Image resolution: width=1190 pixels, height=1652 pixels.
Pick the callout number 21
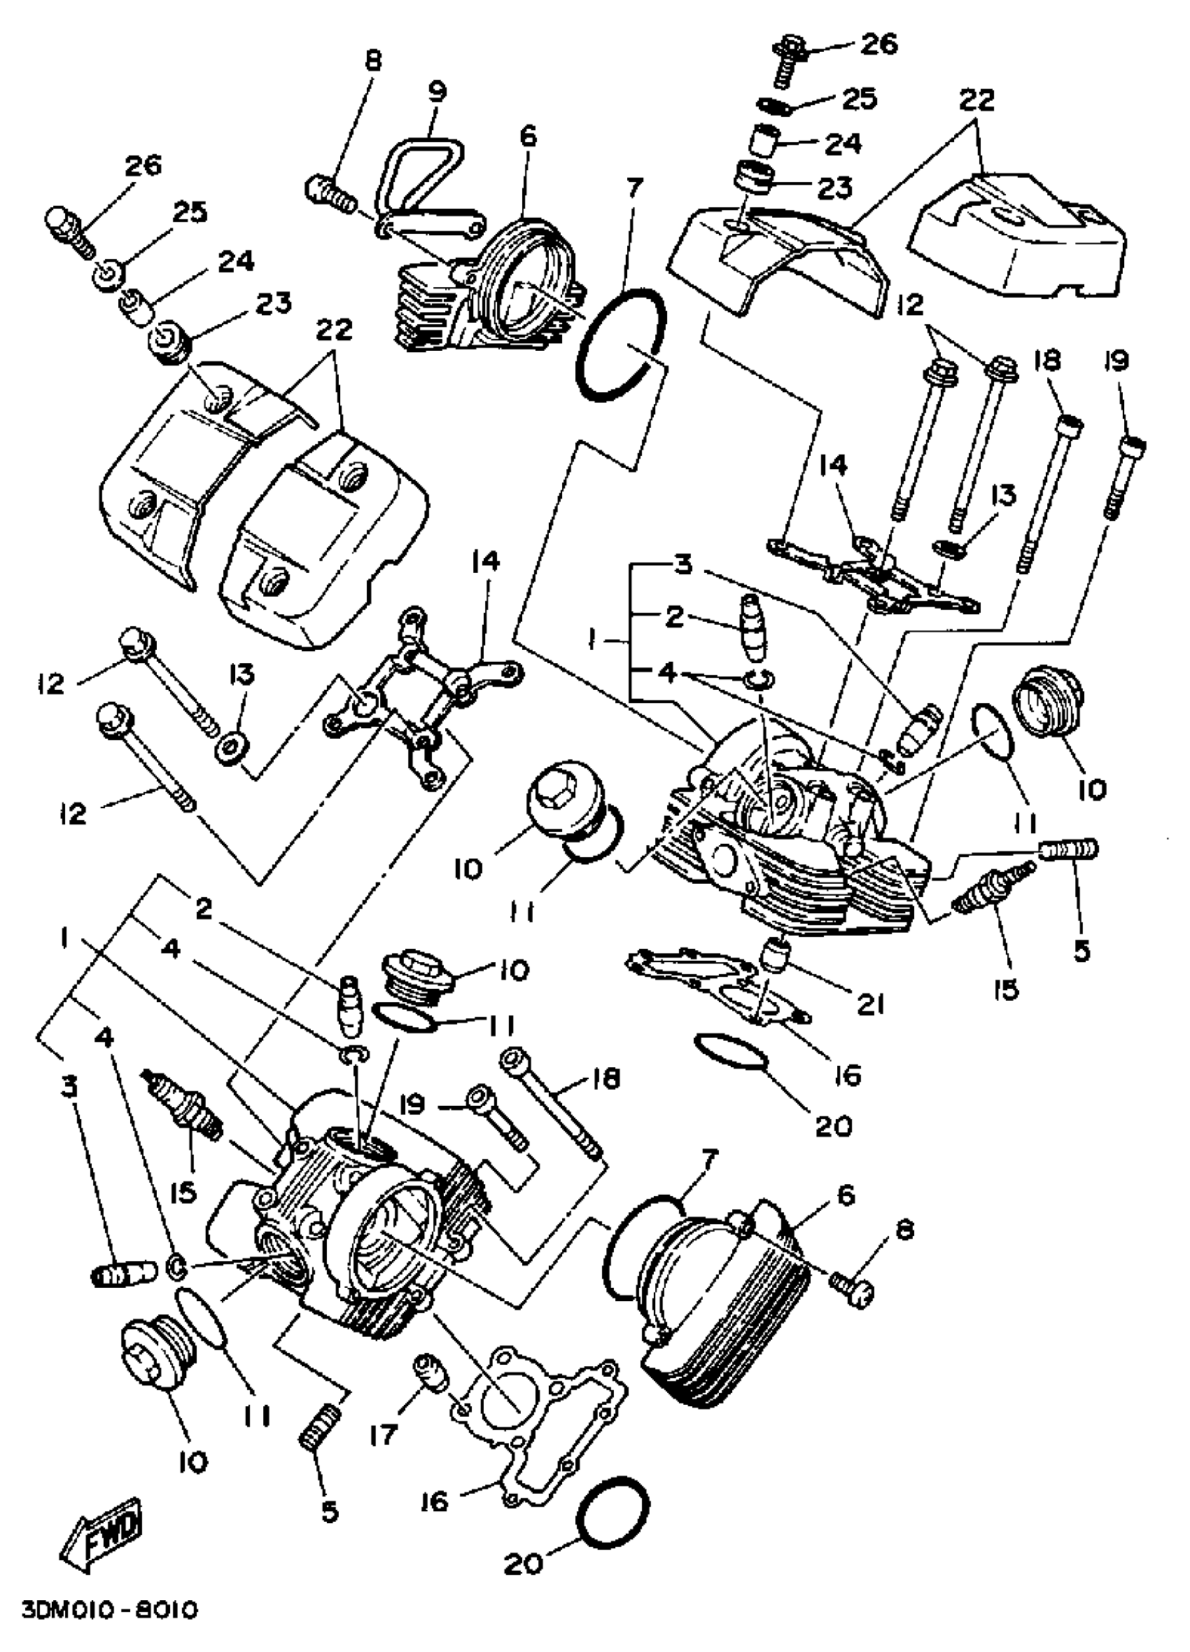pos(869,1004)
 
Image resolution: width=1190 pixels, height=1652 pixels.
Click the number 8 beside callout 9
pos(373,60)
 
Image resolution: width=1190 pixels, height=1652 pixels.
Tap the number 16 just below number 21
pos(848,1074)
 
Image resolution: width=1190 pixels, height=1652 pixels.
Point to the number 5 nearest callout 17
pos(329,1511)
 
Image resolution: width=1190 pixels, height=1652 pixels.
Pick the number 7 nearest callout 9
pos(633,188)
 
